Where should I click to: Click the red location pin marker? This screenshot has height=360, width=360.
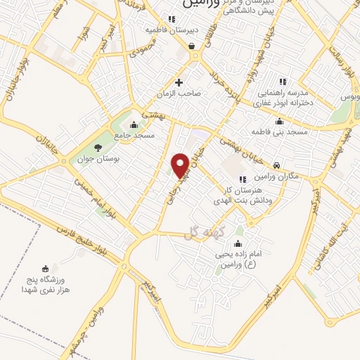181,163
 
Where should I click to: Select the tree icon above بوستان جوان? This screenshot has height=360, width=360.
97,147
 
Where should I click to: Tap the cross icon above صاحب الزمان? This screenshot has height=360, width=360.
179,82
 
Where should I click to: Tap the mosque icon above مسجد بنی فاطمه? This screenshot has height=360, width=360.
262,120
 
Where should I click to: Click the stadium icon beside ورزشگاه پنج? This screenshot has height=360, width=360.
46,268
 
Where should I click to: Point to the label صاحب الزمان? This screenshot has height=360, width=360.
179,93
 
